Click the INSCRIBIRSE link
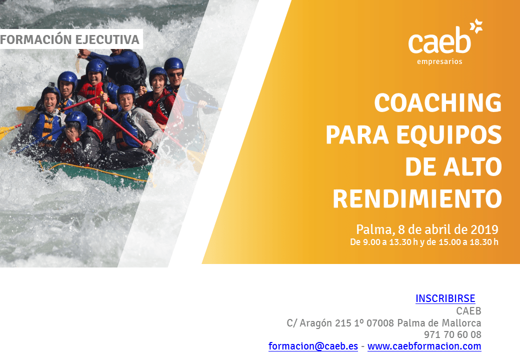point(445,298)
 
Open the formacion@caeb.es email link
point(313,346)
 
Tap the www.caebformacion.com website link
point(424,346)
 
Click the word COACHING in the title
point(438,103)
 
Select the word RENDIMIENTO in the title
point(417,198)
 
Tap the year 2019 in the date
point(484,229)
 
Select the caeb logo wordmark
point(439,40)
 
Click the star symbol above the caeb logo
point(476,26)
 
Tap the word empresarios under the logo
point(439,61)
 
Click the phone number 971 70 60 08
point(452,334)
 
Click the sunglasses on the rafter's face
point(175,74)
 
